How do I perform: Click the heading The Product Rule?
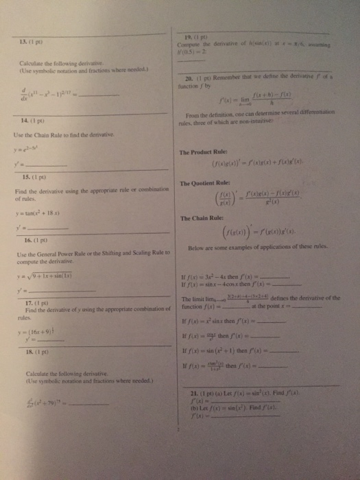click(205, 152)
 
